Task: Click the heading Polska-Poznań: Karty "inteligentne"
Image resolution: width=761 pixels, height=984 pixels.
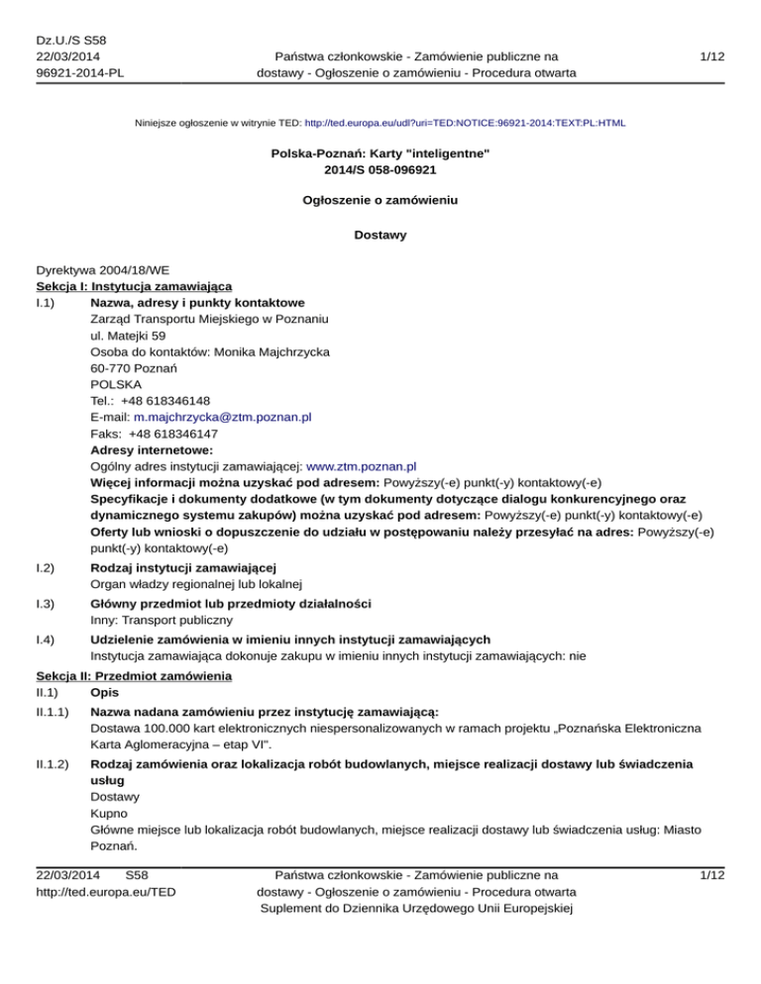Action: (x=380, y=156)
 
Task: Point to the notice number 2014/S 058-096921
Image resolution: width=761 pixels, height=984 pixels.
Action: (x=380, y=172)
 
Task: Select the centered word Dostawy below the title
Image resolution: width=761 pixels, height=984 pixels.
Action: (x=380, y=237)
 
